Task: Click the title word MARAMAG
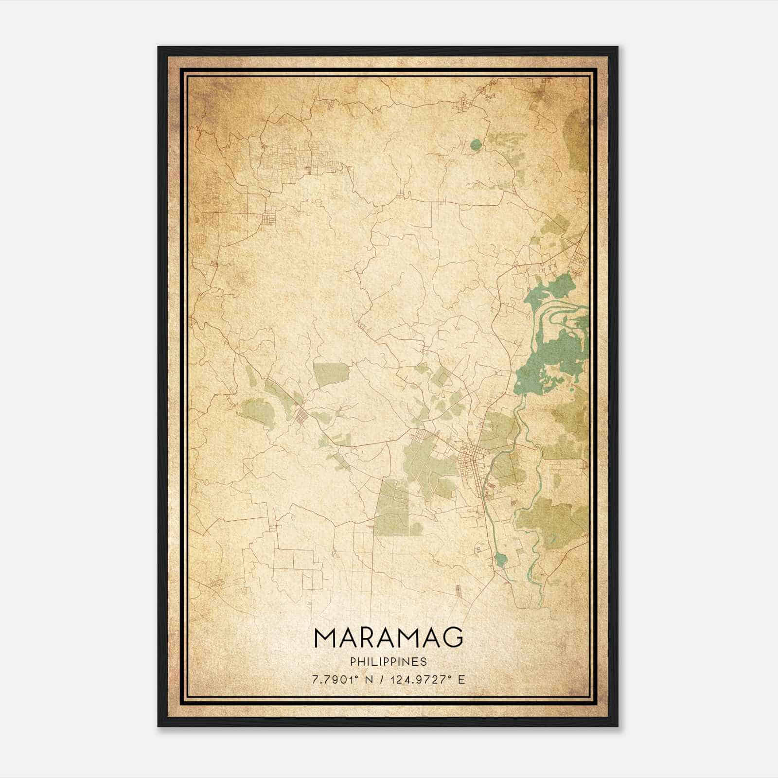[x=389, y=637]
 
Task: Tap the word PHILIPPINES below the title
[x=389, y=662]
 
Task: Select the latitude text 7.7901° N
[x=342, y=679]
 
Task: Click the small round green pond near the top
[x=476, y=144]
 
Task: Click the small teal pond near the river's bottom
[x=501, y=559]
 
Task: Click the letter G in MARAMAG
[x=453, y=637]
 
